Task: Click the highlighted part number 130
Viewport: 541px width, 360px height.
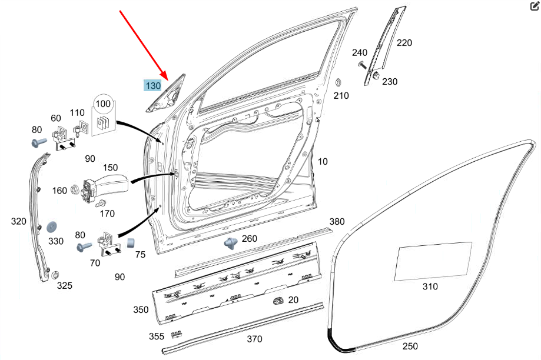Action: (152, 86)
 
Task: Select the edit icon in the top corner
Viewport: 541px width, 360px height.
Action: (535, 6)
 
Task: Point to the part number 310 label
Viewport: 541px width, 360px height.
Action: (430, 286)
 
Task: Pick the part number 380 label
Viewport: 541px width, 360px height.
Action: (337, 222)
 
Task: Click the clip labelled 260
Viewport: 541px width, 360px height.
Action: (230, 242)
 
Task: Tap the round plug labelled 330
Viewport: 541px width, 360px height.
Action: (51, 226)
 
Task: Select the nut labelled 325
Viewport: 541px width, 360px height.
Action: (55, 275)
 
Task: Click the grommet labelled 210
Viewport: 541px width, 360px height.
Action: (338, 82)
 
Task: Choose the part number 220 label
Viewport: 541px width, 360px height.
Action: (404, 42)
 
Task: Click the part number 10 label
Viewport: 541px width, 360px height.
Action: (323, 161)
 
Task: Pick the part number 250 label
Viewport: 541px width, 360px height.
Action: (410, 346)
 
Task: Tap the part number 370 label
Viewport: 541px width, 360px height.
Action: (254, 339)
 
